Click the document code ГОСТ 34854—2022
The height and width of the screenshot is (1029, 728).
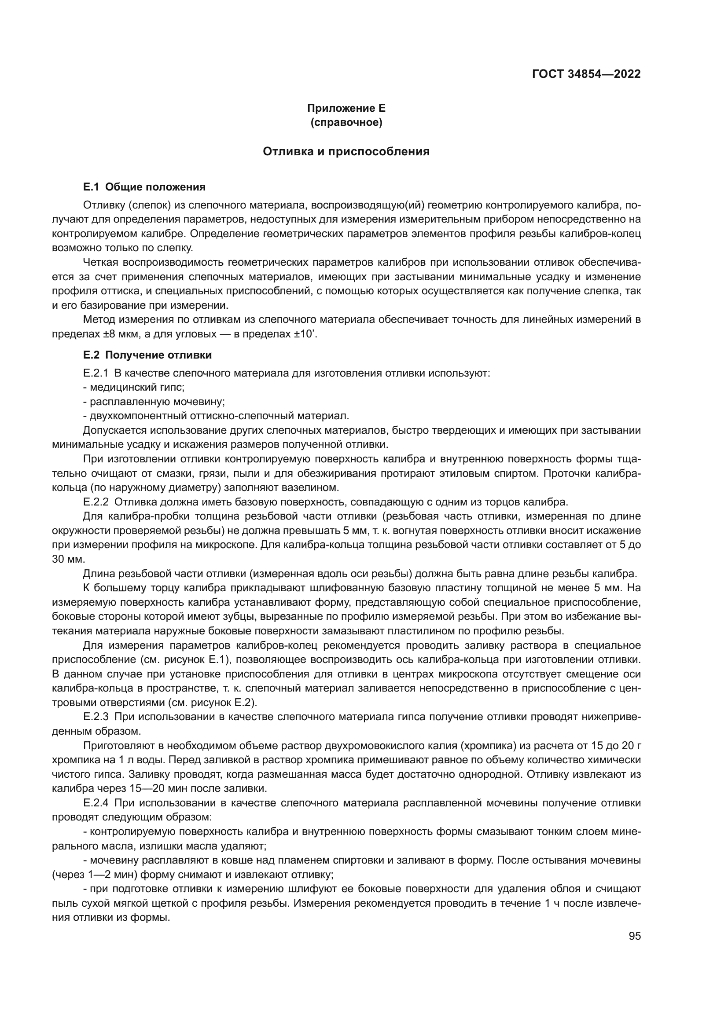(586, 74)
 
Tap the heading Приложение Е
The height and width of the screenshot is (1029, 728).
(346, 108)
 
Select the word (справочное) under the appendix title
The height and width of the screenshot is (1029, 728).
(346, 122)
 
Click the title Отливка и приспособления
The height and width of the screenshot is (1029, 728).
(346, 151)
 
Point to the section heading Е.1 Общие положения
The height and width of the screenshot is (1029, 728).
(144, 187)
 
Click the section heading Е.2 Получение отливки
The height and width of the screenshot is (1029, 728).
(147, 355)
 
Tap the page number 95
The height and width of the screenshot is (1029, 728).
(634, 936)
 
